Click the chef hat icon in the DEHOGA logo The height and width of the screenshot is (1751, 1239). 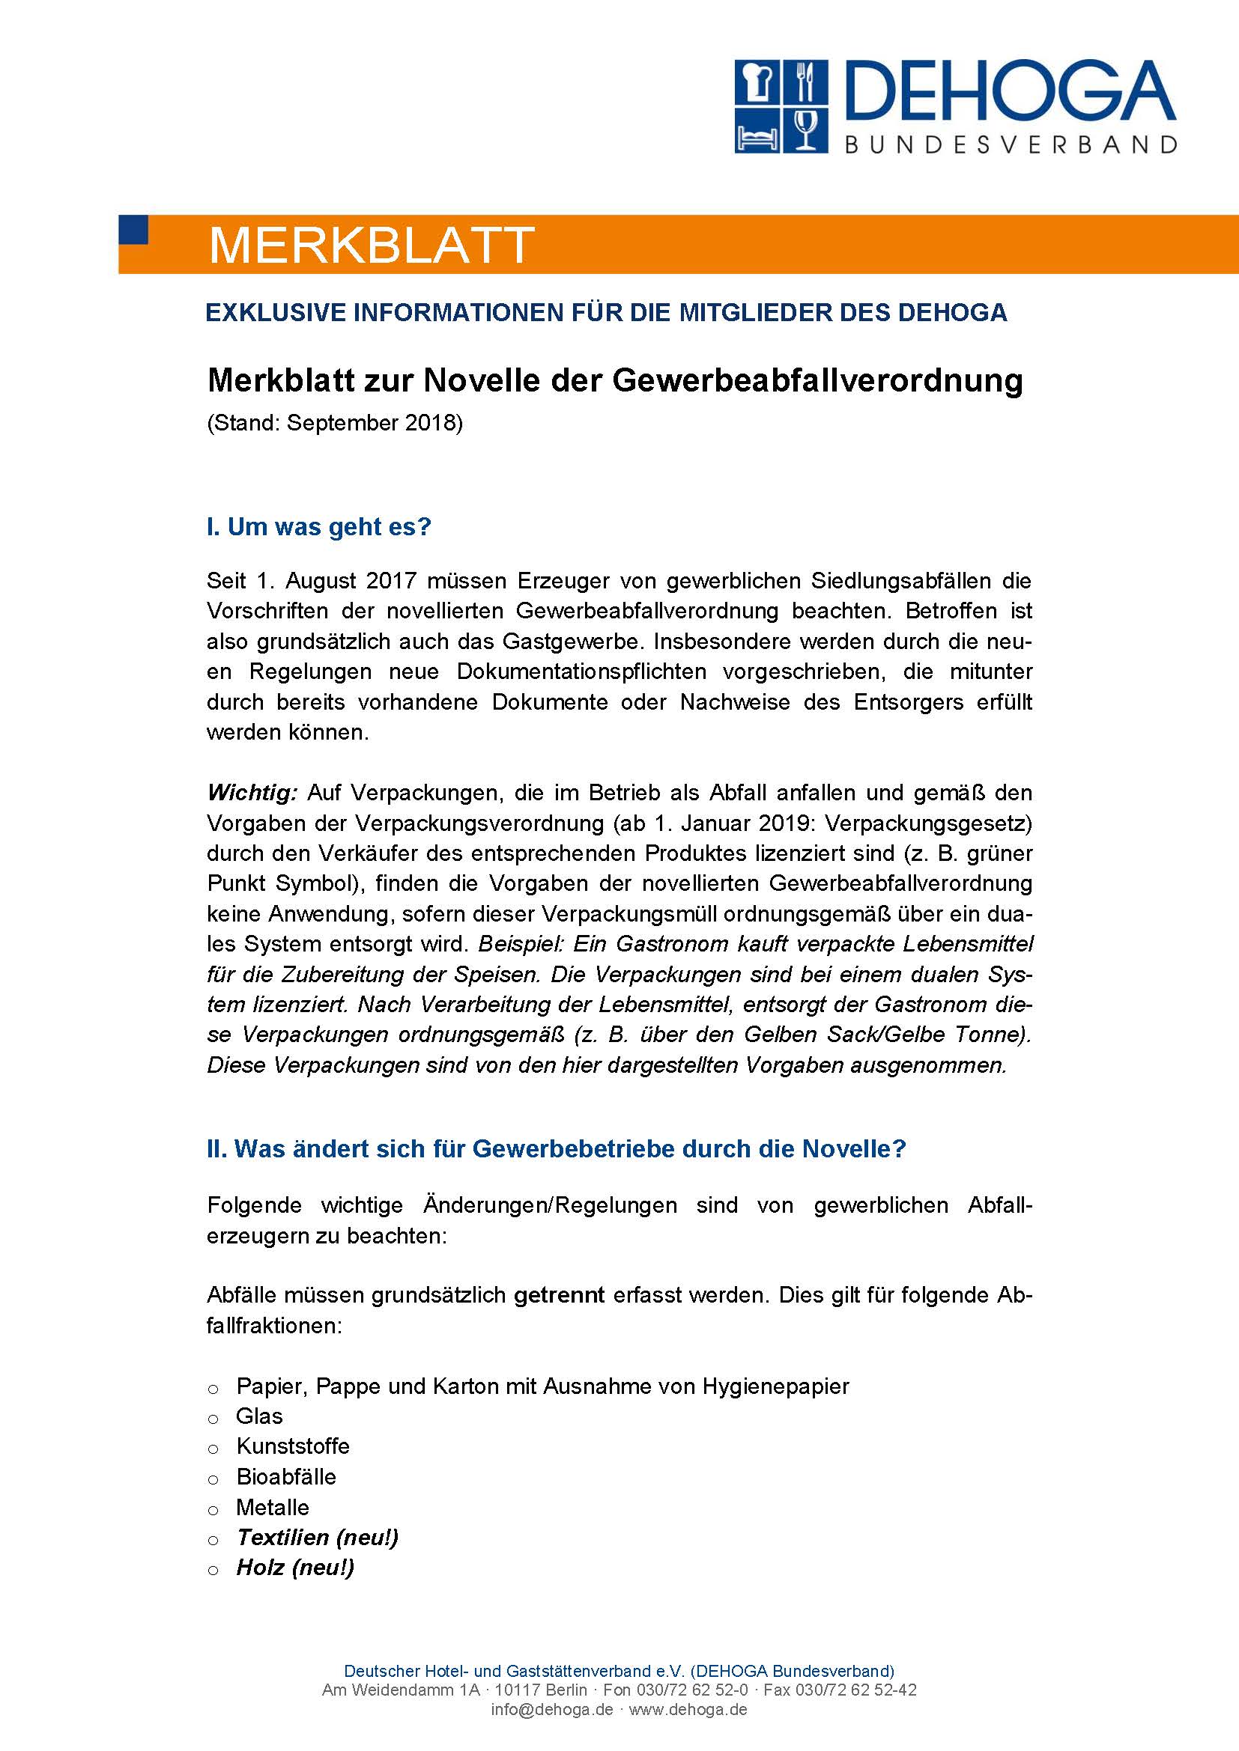coord(757,83)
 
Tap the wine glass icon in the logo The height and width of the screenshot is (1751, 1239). coord(805,130)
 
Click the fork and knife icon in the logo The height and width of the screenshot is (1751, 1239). coord(805,83)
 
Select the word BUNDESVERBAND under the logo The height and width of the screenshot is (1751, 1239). coord(1011,144)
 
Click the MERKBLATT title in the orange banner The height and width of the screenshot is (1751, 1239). coord(371,245)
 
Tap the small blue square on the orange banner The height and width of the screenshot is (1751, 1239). coord(133,230)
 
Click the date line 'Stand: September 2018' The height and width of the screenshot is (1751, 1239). coord(335,423)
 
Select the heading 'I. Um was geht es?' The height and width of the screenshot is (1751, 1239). coord(319,526)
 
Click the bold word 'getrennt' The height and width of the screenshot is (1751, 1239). coord(560,1295)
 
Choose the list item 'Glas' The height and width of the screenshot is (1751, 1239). coord(259,1416)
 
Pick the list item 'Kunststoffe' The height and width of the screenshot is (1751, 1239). coord(293,1446)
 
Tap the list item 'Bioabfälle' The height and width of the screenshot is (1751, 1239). coord(286,1476)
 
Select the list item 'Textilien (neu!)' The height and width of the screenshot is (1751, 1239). coord(318,1537)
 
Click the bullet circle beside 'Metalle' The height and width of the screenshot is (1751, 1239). coord(213,1510)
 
